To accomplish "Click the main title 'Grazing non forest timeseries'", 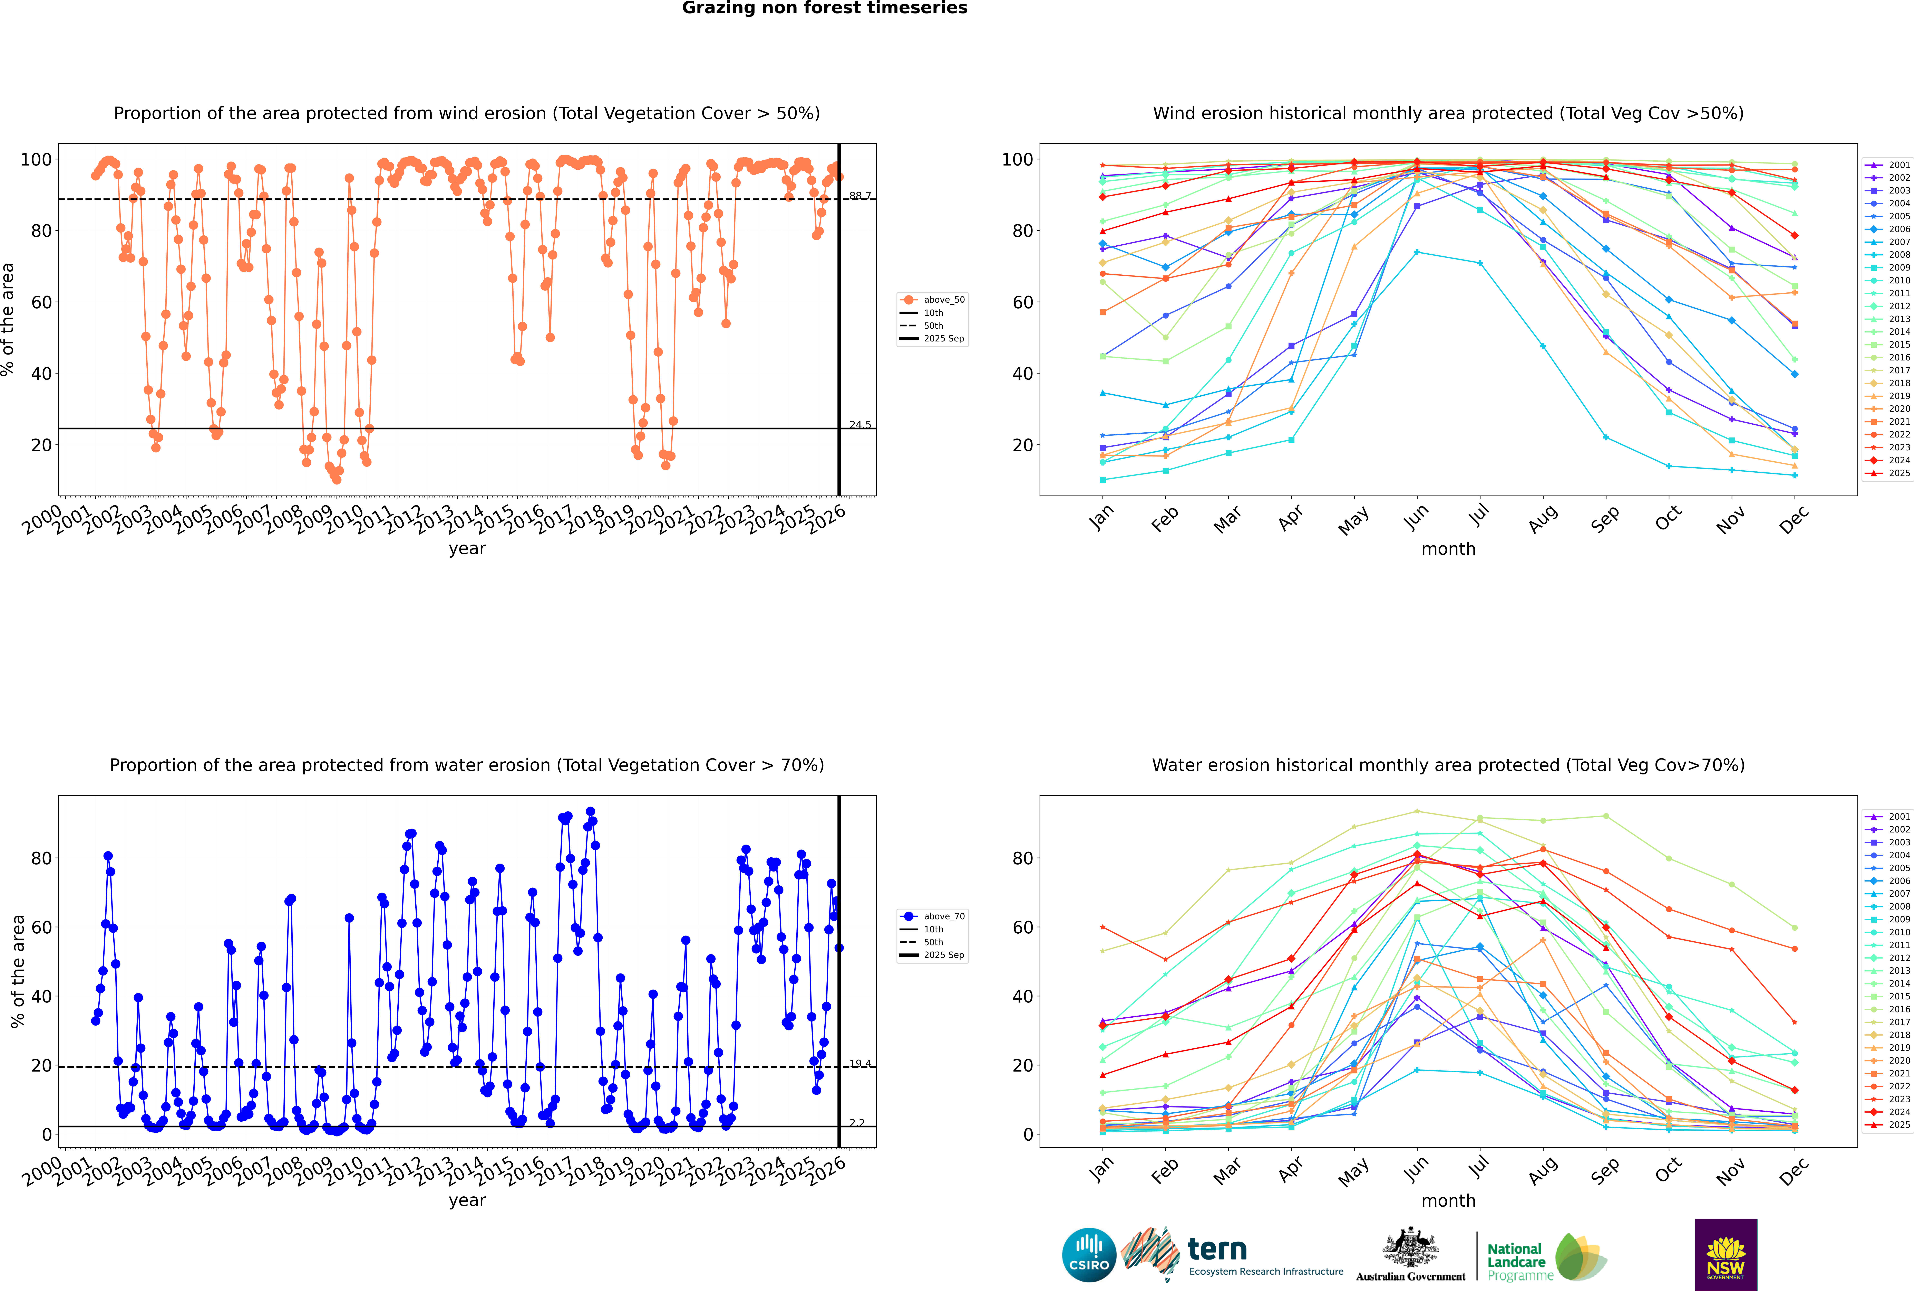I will (x=825, y=8).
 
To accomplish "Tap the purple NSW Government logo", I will (x=1726, y=1254).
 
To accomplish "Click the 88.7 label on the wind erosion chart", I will (x=860, y=196).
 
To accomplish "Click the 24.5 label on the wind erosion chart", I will (x=860, y=425).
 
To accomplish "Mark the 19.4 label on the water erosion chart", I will (x=860, y=1064).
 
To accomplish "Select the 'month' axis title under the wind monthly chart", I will (x=1448, y=549).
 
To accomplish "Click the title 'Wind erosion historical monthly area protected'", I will (x=1448, y=114).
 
